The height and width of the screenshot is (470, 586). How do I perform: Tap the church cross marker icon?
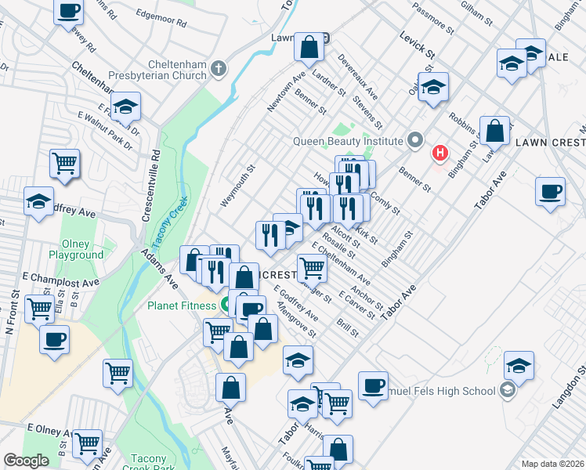219,69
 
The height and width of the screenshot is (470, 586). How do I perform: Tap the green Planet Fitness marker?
227,304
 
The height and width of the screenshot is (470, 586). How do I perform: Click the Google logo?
26,461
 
